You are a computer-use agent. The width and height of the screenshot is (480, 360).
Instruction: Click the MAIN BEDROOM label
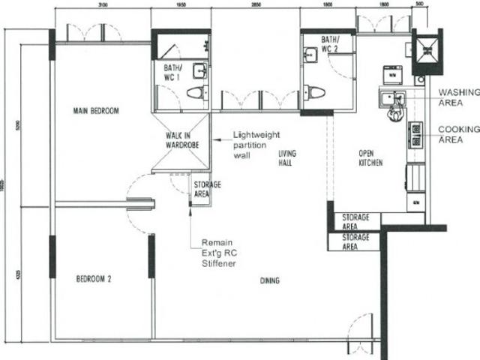coord(96,111)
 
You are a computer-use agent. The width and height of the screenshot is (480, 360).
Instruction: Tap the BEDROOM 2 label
coord(94,279)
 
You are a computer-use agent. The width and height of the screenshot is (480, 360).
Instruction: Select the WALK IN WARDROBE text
coord(181,140)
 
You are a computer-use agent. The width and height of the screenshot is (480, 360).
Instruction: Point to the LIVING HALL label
coord(287,157)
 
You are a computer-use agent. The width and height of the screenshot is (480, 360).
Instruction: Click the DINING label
coord(269,281)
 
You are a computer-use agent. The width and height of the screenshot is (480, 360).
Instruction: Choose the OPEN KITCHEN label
coord(370,157)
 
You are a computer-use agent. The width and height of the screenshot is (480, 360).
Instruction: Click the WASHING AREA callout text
coord(458,97)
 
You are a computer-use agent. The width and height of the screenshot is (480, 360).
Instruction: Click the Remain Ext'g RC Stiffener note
coord(217,253)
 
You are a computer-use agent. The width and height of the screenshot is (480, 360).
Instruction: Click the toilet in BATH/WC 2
coord(316,92)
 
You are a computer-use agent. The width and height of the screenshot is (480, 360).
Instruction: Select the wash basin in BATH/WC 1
coord(199,71)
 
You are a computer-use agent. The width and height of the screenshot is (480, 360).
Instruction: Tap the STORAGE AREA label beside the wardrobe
coord(202,188)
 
